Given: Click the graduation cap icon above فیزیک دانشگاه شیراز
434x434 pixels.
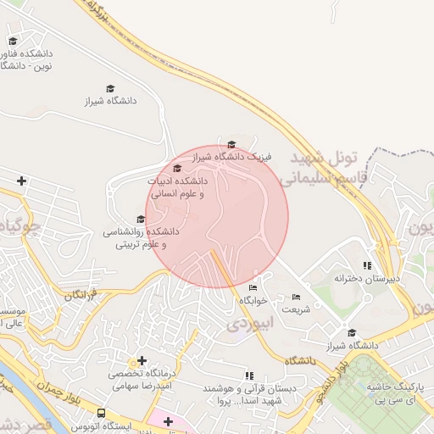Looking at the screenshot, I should (x=231, y=144).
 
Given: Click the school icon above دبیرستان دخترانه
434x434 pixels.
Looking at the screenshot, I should (x=367, y=265).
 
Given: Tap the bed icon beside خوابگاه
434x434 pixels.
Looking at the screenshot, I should (x=252, y=288).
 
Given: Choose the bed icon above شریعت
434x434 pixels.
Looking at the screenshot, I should (x=295, y=298).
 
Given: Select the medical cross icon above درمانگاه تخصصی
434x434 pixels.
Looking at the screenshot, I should (x=142, y=360).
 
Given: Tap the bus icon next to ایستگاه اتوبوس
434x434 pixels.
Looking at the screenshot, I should (x=101, y=413).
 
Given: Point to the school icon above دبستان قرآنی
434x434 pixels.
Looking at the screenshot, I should (x=248, y=376).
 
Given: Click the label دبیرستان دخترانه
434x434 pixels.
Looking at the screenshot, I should (x=366, y=278).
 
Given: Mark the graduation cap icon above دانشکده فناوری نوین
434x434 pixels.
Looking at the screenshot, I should (x=13, y=40).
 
